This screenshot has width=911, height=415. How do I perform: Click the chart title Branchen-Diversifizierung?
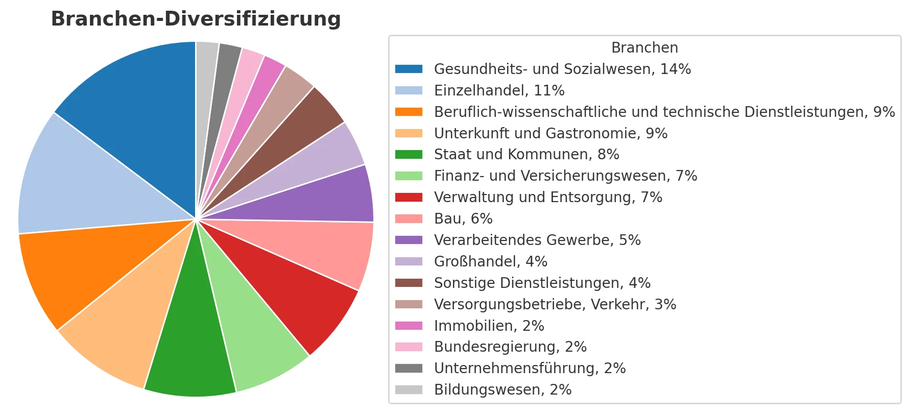(x=196, y=19)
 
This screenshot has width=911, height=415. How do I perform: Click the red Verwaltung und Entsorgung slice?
(x=291, y=286)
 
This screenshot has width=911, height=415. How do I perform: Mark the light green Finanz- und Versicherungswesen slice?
(x=245, y=327)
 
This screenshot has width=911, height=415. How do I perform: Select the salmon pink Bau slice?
(x=322, y=250)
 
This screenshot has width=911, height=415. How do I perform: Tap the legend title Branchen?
(x=644, y=47)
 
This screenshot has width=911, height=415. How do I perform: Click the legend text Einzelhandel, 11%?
(x=499, y=90)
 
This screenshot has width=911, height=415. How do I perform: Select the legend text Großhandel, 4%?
(x=490, y=261)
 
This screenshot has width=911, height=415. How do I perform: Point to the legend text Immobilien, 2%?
(x=489, y=326)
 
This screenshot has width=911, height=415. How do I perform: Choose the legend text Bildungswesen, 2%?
(x=502, y=389)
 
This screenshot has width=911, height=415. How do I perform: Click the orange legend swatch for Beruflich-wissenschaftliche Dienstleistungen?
(x=409, y=112)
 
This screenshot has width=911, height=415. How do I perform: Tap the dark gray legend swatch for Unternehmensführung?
(x=409, y=368)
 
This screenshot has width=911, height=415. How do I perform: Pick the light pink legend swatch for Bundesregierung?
(x=409, y=347)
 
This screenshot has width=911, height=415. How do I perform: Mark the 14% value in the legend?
(x=675, y=69)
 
